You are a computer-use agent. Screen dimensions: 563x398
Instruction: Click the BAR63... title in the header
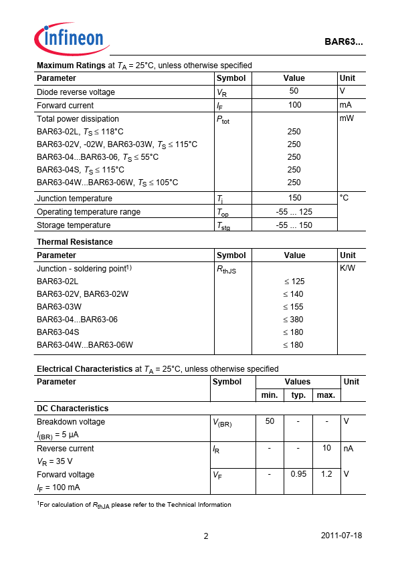(344, 41)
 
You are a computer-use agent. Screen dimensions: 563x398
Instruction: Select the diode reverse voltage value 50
(294, 91)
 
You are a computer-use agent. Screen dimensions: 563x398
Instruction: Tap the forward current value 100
(294, 105)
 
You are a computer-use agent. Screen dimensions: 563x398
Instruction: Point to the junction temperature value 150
(294, 198)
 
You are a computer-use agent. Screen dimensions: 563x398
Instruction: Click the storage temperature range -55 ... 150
(294, 225)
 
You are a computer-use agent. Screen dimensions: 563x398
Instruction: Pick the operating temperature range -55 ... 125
(294, 212)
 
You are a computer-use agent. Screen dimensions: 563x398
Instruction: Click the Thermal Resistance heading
(75, 242)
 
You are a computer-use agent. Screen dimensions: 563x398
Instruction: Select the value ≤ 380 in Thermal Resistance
(293, 320)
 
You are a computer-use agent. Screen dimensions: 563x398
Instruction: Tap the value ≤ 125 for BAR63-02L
(294, 281)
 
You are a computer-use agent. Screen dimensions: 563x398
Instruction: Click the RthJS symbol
(227, 269)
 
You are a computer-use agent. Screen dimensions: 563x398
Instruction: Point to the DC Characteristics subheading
(72, 408)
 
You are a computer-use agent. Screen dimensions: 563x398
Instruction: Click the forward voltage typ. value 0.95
(298, 474)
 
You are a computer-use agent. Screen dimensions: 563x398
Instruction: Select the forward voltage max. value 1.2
(326, 474)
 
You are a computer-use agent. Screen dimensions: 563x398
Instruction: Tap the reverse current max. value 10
(326, 448)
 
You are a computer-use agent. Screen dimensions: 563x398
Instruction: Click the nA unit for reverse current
(349, 448)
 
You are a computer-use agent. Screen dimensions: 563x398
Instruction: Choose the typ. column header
(298, 395)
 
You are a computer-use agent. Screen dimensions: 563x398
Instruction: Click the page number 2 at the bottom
(206, 536)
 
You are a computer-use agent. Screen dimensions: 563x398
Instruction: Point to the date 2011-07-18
(342, 536)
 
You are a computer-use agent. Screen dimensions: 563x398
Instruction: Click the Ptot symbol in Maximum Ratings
(223, 120)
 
